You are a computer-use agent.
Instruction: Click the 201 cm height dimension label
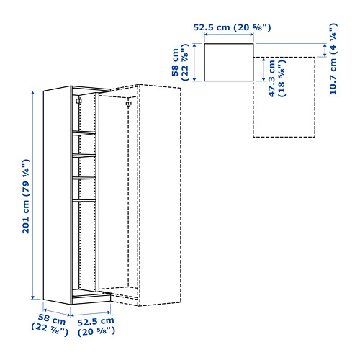click(26, 196)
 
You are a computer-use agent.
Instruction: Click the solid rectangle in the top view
click(229, 44)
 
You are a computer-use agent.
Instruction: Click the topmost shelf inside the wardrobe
click(84, 132)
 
